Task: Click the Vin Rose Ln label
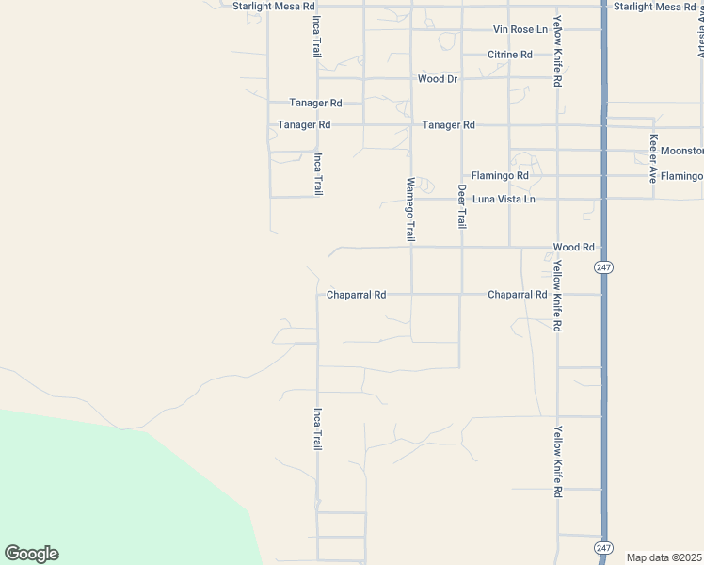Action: tap(520, 30)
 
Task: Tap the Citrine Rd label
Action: tap(510, 55)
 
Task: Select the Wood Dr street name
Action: tap(438, 79)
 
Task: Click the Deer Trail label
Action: tap(462, 206)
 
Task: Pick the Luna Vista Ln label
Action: tap(504, 200)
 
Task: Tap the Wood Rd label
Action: tap(574, 248)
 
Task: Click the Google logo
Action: tap(31, 554)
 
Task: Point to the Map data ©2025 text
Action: tap(664, 557)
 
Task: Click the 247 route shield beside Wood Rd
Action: tap(603, 268)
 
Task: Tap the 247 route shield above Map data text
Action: tap(603, 547)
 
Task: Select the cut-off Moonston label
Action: tap(681, 151)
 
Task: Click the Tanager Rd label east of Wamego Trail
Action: tap(449, 125)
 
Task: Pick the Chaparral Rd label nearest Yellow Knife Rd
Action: tap(518, 295)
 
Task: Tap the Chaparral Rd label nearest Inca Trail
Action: tap(357, 295)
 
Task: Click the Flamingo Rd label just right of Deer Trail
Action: tap(500, 176)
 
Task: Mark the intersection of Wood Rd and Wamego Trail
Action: tap(411, 248)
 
